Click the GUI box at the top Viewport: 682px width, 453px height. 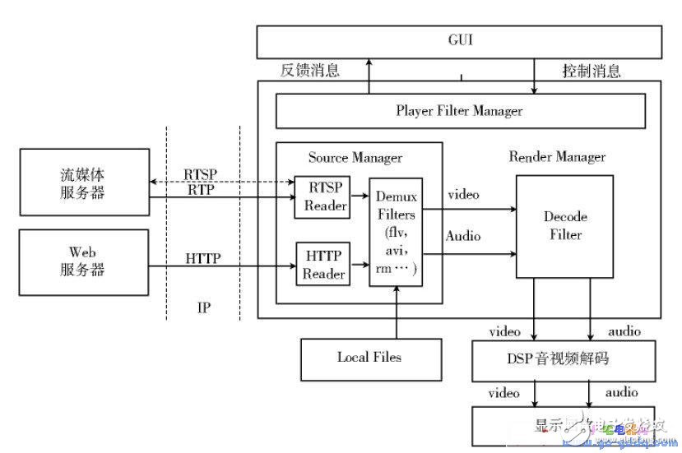coord(459,41)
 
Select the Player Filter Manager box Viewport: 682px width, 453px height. coord(459,110)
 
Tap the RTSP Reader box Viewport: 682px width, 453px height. coord(321,197)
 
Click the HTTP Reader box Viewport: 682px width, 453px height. coord(322,265)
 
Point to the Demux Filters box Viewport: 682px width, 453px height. coord(396,232)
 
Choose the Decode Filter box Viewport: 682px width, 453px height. coord(564,226)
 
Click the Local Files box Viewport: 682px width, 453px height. coord(369,357)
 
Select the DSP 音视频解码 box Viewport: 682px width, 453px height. coord(564,358)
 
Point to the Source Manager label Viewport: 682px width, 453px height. coord(355,157)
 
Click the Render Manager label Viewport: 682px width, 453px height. coord(557,156)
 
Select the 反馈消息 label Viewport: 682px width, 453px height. coord(310,71)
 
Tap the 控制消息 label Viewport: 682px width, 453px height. coord(592,71)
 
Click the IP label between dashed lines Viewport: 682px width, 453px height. coord(204,307)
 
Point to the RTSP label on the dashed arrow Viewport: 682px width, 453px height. coord(202,173)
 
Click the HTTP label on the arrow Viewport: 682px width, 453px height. coord(202,257)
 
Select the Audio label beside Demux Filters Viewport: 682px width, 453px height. coord(464,235)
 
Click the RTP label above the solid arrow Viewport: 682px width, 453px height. coord(202,190)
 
